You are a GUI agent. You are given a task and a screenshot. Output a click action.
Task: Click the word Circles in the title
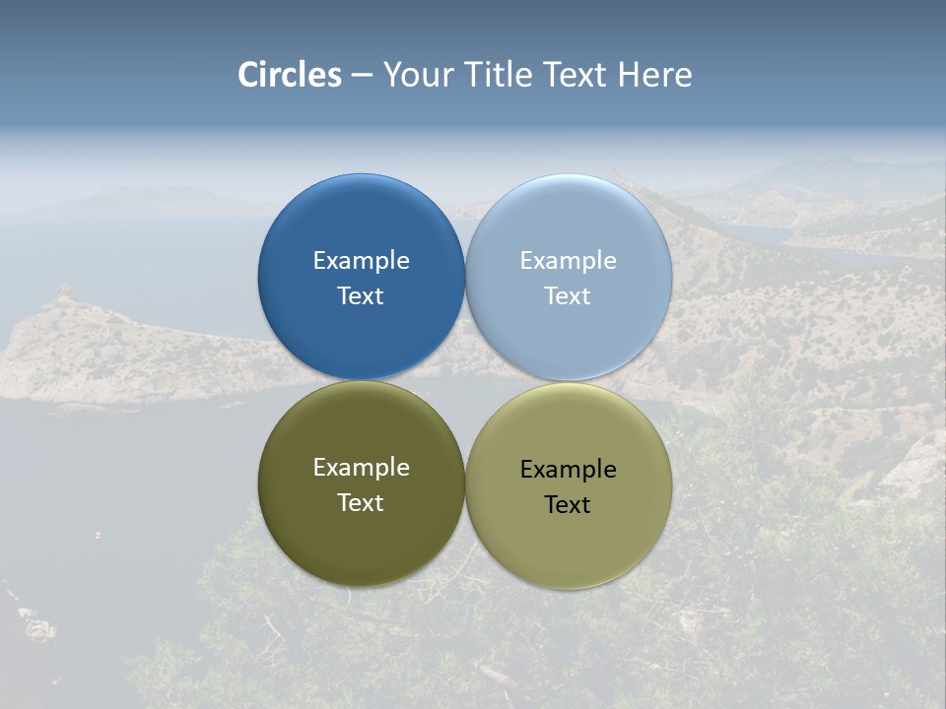[x=289, y=75]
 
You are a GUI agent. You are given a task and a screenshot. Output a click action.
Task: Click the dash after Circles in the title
[x=362, y=76]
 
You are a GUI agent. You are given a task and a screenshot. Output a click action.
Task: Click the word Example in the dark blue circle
[x=361, y=261]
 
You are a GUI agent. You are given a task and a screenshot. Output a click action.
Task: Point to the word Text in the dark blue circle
[x=361, y=295]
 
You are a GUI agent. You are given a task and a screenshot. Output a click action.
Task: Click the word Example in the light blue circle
[x=569, y=261]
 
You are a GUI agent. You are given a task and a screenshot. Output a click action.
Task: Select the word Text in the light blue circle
[x=569, y=295]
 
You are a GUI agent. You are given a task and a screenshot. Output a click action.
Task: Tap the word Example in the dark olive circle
[x=361, y=468]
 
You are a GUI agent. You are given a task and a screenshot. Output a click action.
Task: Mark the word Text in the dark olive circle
[x=361, y=502]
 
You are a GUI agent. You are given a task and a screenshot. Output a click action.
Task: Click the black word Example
[x=569, y=470]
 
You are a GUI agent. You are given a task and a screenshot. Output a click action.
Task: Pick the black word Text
[x=569, y=504]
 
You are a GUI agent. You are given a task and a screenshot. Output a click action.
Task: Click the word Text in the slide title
[x=577, y=75]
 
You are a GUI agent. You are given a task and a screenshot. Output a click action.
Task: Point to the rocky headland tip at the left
[x=64, y=295]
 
